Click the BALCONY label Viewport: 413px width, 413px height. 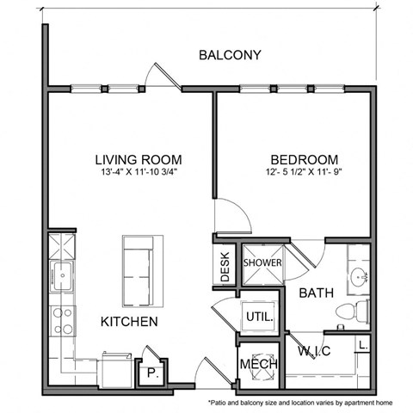[229, 55]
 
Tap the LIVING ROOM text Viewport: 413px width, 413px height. [138, 159]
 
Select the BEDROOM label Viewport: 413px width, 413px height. [304, 159]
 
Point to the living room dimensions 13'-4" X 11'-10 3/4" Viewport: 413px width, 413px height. [138, 172]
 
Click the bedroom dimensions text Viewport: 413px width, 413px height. [304, 172]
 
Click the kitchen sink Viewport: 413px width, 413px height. [62, 277]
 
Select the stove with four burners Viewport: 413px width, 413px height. [63, 321]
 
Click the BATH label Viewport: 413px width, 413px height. [316, 293]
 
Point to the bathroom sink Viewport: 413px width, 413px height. [360, 277]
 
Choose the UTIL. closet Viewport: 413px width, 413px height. [259, 317]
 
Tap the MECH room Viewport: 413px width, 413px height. [259, 363]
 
